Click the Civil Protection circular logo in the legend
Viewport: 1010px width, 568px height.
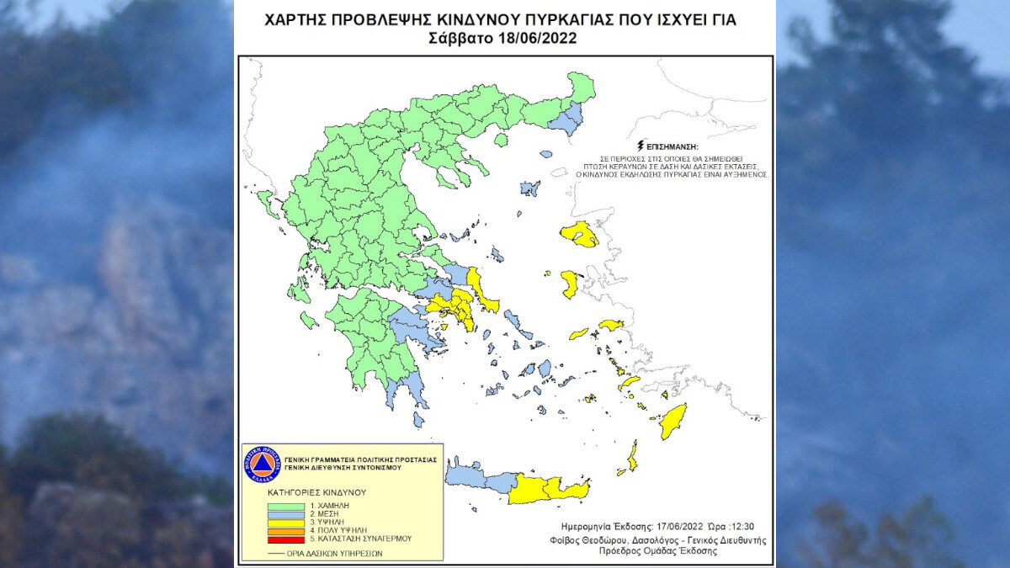(261, 464)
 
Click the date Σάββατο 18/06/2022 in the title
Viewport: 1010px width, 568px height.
(502, 36)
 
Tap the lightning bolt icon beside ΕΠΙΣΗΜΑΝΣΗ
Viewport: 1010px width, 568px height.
(643, 144)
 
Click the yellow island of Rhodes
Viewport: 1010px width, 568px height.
(672, 420)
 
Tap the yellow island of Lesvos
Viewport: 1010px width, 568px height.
(580, 234)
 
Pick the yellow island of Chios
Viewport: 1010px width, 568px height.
(570, 284)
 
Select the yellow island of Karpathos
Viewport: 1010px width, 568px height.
(632, 455)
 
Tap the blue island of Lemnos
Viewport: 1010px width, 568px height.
(529, 188)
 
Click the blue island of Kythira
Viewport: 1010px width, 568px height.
(418, 418)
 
